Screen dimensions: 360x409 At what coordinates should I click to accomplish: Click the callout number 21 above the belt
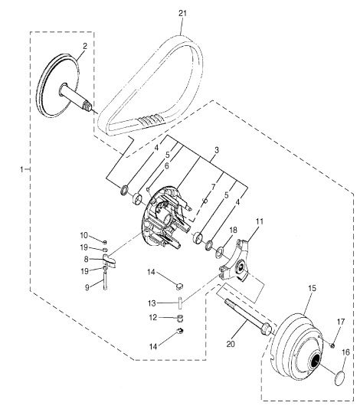(x=182, y=13)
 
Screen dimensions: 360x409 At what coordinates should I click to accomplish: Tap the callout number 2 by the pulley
(x=85, y=46)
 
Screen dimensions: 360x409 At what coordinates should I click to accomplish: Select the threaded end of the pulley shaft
(x=87, y=106)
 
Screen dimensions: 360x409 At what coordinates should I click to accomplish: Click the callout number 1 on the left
(x=22, y=169)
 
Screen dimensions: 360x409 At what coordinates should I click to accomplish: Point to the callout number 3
(x=216, y=150)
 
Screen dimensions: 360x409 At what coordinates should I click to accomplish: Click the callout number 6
(x=166, y=165)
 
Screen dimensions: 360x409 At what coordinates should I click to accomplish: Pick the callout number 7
(x=214, y=187)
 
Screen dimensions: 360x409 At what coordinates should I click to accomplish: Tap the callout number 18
(x=233, y=230)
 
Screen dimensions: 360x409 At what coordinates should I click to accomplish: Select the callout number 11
(x=260, y=221)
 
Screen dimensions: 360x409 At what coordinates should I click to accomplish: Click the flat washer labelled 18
(x=220, y=252)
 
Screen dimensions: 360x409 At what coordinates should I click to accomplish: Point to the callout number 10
(x=84, y=235)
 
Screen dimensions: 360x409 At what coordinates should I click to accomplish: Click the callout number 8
(x=86, y=260)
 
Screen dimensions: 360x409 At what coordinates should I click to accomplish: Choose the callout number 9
(x=87, y=287)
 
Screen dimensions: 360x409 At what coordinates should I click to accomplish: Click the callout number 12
(x=153, y=318)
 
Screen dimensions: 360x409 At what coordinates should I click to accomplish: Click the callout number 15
(x=313, y=288)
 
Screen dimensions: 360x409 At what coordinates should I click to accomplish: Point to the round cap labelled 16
(x=339, y=378)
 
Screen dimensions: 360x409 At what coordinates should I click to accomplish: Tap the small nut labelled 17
(x=332, y=346)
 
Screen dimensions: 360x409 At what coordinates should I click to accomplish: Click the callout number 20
(x=231, y=344)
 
